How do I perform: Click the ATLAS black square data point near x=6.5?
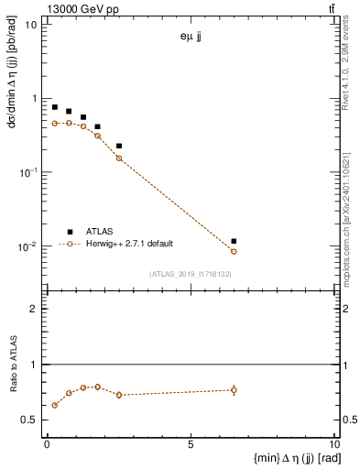click(234, 241)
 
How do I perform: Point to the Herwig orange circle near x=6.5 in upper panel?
click(234, 251)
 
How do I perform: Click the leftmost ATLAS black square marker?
click(55, 107)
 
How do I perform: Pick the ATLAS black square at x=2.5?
click(119, 146)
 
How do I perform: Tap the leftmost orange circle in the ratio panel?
click(55, 405)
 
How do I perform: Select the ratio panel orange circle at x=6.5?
click(234, 390)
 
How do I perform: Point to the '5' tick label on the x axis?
click(191, 444)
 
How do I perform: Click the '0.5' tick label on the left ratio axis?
click(34, 420)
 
